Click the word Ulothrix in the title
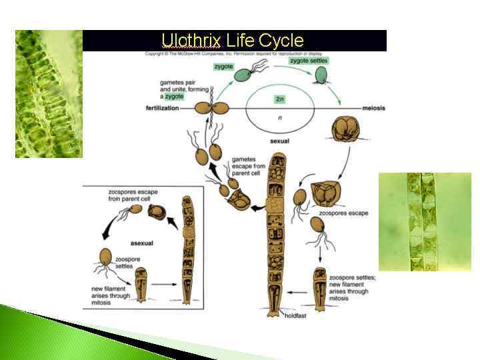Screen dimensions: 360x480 (x=191, y=41)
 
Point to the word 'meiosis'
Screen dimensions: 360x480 (x=357, y=109)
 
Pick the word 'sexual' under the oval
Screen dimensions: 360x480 (x=279, y=141)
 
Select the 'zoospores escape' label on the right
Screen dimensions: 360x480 (x=343, y=213)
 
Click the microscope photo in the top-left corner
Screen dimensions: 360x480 (x=49, y=93)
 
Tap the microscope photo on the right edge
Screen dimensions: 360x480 (x=425, y=221)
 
